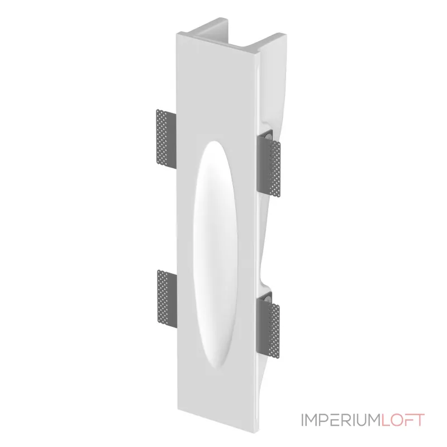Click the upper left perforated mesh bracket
coord(167,139)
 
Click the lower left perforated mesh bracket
coord(167,299)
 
